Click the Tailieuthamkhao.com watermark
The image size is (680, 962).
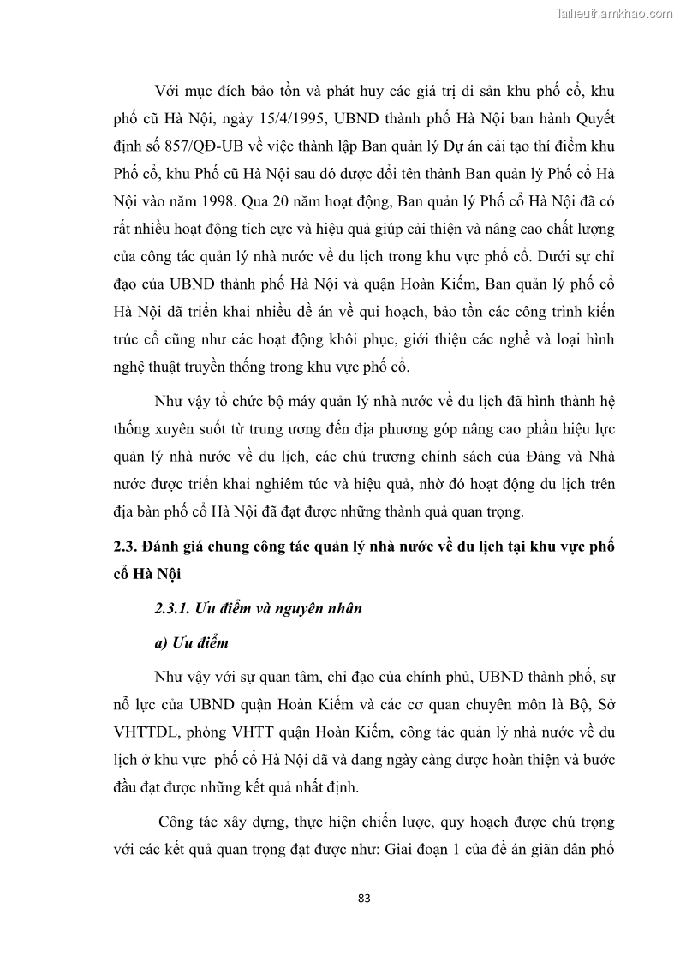[x=615, y=13]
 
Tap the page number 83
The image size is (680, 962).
[x=364, y=899]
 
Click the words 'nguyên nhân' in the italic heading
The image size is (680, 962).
[x=323, y=609]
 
